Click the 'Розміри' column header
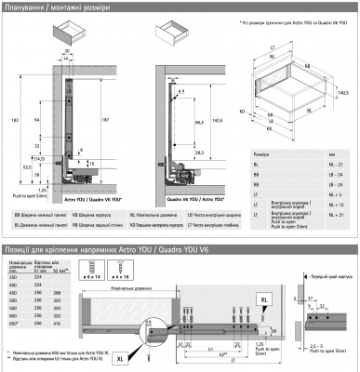pos(262,151)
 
